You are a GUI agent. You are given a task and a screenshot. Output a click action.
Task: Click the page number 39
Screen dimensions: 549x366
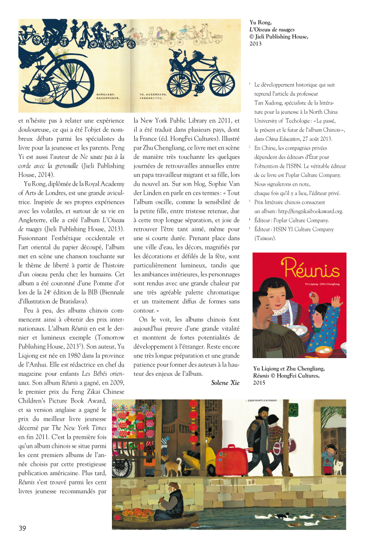(22, 528)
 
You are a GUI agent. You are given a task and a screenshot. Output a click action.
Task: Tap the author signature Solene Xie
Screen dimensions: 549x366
(225, 382)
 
